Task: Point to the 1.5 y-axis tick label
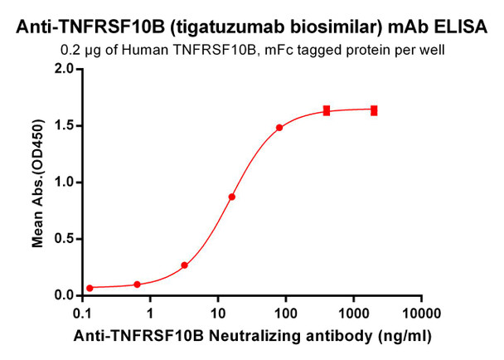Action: tap(64, 125)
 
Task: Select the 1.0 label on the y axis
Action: tap(64, 182)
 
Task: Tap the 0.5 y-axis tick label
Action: tap(64, 239)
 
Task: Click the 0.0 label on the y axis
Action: tap(64, 295)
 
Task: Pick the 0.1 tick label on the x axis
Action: tap(82, 313)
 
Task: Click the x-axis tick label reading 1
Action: tap(150, 313)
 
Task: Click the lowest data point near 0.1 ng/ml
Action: tap(90, 288)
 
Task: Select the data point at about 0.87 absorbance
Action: tap(232, 197)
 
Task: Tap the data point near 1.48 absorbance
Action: tap(279, 128)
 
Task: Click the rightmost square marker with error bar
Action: tap(374, 110)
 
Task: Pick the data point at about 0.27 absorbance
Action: tap(184, 265)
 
